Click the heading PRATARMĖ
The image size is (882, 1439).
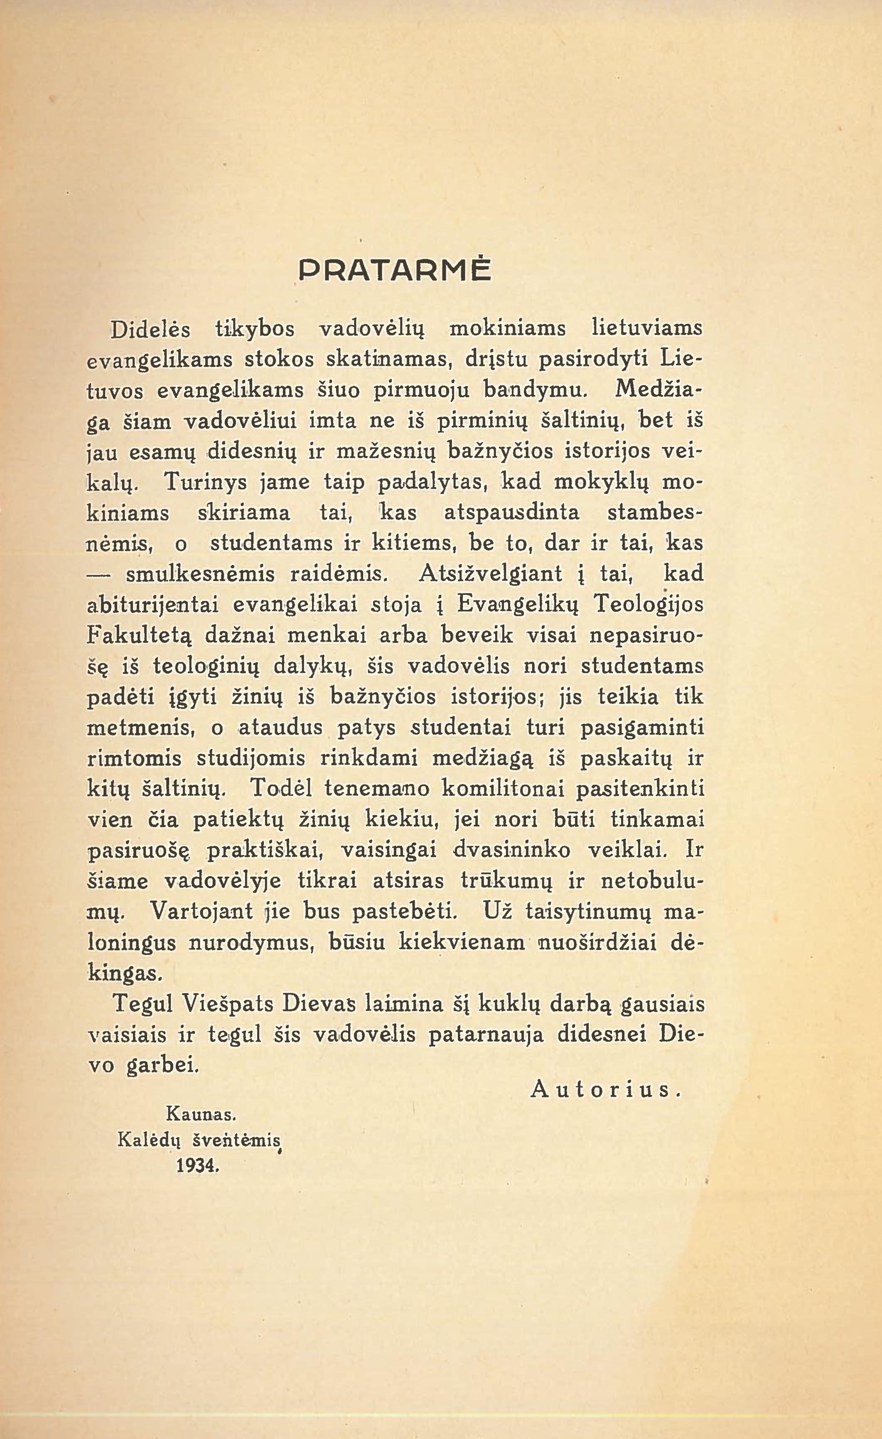pyautogui.click(x=395, y=271)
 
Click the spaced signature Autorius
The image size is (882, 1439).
pyautogui.click(x=605, y=1090)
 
